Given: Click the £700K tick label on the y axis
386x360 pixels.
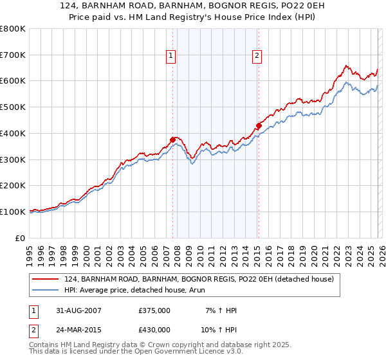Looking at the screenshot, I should tap(13, 55).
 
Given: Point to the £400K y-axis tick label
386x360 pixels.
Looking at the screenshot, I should tap(13, 134).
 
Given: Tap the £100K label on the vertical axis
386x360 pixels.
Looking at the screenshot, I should tap(13, 212).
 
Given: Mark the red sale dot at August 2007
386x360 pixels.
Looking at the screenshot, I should tap(172, 139).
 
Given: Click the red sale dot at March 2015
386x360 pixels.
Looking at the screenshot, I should tap(258, 125).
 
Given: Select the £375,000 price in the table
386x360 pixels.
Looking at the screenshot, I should tap(154, 310).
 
